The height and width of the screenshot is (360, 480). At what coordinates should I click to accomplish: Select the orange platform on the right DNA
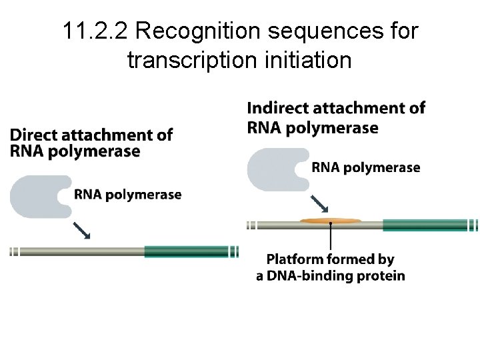pos(331,220)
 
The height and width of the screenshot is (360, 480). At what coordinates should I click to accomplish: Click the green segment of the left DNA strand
pos(186,251)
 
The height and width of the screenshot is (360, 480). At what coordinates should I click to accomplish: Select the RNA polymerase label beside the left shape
pos(128,195)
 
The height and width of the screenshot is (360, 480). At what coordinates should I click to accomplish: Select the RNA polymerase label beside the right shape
pos(366,167)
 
